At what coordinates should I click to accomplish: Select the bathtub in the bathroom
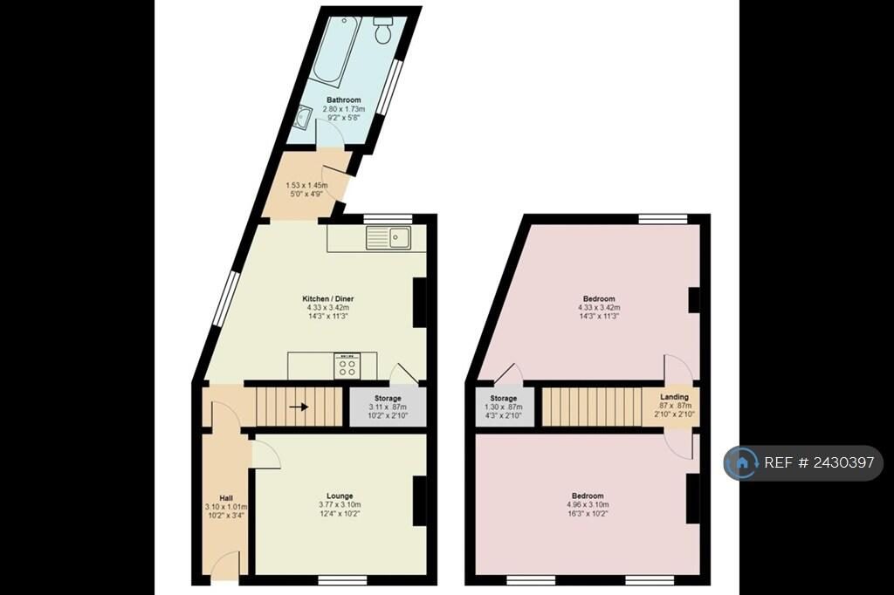click(x=336, y=52)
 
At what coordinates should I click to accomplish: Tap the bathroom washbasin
click(x=302, y=118)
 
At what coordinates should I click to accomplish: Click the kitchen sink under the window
click(x=389, y=237)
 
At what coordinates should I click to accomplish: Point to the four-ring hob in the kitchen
click(x=347, y=366)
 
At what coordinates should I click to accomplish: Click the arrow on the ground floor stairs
click(x=299, y=407)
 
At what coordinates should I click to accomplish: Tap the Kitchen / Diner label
click(x=328, y=298)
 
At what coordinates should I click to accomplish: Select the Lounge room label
click(x=340, y=496)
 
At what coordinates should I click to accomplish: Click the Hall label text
click(x=226, y=498)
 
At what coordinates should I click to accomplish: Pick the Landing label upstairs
click(x=675, y=397)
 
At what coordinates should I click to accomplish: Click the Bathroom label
click(x=344, y=99)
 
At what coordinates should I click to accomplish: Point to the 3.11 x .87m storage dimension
click(x=388, y=407)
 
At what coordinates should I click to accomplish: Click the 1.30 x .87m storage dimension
click(x=504, y=407)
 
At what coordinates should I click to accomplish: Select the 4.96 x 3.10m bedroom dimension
click(x=588, y=504)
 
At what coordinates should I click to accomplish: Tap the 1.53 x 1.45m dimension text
click(x=306, y=185)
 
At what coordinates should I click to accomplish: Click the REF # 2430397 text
click(x=819, y=462)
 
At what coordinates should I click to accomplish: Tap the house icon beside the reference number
click(x=742, y=462)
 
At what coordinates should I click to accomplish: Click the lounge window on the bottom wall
click(x=342, y=580)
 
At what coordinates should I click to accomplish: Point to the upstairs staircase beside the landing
click(x=592, y=407)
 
